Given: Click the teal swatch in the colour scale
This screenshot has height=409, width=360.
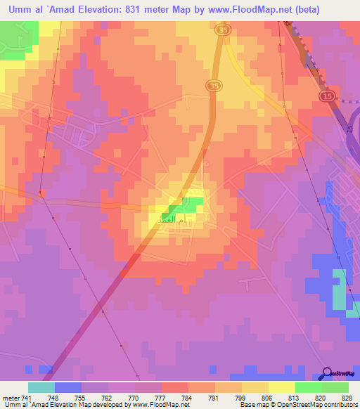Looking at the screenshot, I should point(41,387).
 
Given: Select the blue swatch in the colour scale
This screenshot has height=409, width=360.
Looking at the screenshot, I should point(68,387).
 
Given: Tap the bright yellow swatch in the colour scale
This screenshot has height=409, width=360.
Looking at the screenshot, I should point(282,387).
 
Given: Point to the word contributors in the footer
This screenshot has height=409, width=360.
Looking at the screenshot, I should point(340,405).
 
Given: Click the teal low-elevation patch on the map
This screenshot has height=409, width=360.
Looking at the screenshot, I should point(340,289).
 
